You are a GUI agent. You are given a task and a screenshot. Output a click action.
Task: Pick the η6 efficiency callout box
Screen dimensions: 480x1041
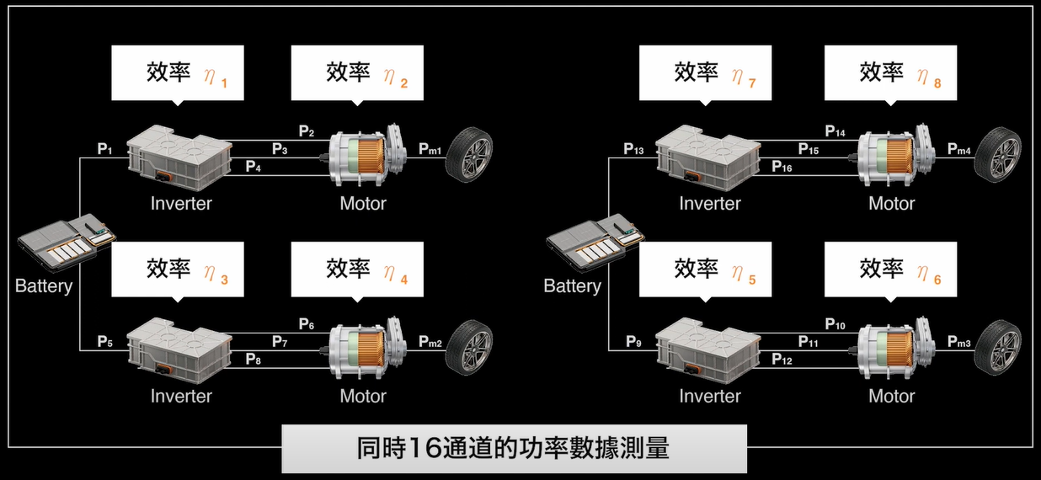[x=890, y=269]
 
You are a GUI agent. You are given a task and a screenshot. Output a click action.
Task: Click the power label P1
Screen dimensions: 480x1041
[x=104, y=149]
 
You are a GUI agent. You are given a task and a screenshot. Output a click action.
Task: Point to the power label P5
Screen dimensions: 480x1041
[x=104, y=342]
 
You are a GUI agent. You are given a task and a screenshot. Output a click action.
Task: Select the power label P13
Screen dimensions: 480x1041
[x=633, y=149]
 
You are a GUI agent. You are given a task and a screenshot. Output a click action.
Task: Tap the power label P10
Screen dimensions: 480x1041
[x=835, y=324]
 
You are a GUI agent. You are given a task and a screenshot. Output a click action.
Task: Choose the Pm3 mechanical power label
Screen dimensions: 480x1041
[x=958, y=342]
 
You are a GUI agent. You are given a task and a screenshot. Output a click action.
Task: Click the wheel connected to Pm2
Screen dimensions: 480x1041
[x=470, y=348]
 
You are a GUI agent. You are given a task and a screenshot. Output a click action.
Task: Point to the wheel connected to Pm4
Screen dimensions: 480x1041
[x=998, y=155]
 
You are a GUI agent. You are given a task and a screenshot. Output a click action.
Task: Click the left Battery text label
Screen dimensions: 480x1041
[x=44, y=286]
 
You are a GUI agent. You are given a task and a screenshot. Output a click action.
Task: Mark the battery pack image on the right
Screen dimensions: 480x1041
[x=594, y=244]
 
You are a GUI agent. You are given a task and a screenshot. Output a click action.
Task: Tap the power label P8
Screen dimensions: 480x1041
[x=253, y=360]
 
